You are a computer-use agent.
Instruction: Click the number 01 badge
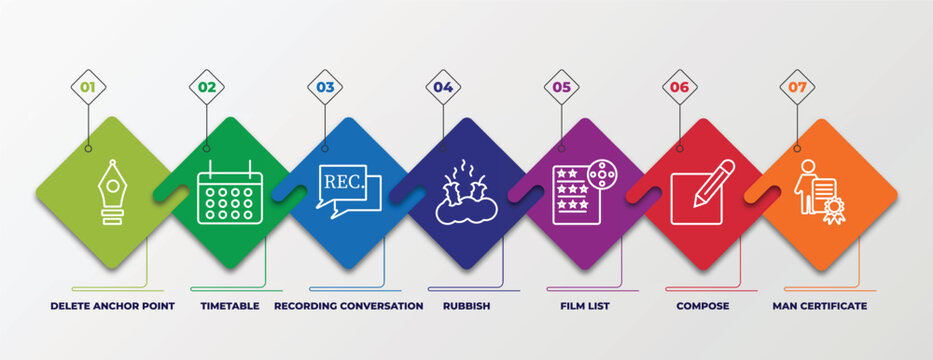(x=88, y=87)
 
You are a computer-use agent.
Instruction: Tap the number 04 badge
(x=443, y=87)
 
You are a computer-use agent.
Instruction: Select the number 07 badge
(x=797, y=87)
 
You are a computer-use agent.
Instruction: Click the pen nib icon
(x=111, y=191)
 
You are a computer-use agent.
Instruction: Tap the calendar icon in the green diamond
(x=230, y=191)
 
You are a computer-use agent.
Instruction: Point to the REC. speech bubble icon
(x=348, y=191)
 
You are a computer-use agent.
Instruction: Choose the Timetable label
(x=230, y=305)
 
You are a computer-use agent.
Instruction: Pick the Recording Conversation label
(x=348, y=305)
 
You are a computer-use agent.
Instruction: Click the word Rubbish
(x=466, y=305)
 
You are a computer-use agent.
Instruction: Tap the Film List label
(x=585, y=305)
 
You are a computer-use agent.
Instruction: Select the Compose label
(x=703, y=305)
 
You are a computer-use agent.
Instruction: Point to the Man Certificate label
(x=820, y=305)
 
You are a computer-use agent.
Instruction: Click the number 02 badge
(x=206, y=87)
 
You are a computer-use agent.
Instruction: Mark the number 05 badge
(x=561, y=87)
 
